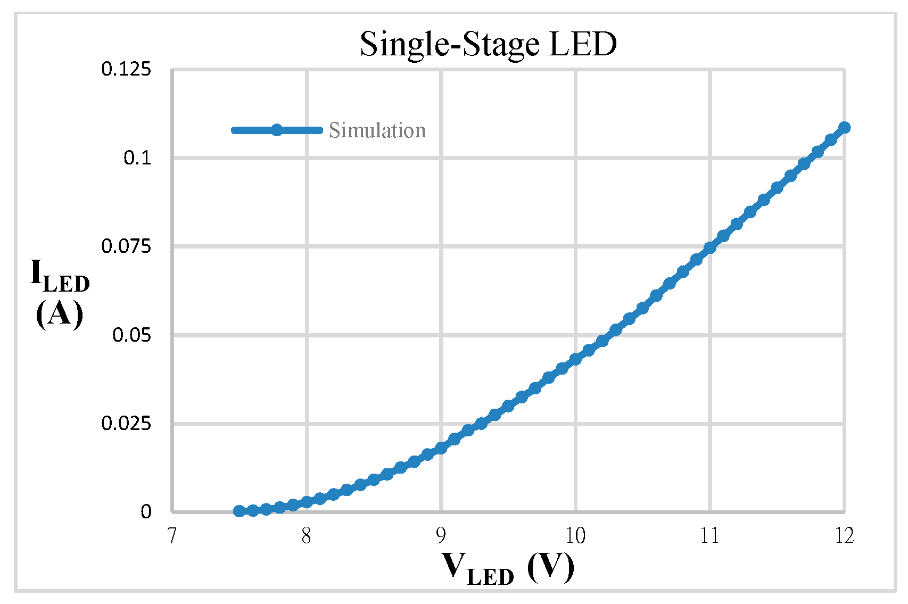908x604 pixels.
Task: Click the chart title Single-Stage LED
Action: [x=488, y=44]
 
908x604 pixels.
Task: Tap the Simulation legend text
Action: [x=377, y=130]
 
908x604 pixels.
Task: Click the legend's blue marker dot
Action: [x=277, y=130]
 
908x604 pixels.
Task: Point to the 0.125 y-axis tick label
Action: [x=126, y=69]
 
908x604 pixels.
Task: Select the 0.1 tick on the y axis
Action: [x=137, y=158]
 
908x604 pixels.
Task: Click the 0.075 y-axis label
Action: [x=126, y=246]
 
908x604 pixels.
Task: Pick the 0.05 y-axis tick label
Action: [x=131, y=335]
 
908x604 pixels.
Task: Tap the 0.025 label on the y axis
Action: [x=126, y=424]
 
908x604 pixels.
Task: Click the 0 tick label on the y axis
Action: [x=146, y=512]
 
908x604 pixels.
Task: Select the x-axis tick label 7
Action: [x=171, y=536]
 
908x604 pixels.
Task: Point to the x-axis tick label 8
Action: [x=306, y=536]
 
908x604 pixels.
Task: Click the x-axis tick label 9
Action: [x=441, y=536]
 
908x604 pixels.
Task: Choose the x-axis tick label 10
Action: [x=575, y=536]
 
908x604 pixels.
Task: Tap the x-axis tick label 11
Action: [x=709, y=536]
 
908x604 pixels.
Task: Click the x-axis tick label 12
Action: [x=844, y=536]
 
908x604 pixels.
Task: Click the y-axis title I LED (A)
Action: [x=60, y=294]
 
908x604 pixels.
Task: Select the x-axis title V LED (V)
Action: [x=508, y=568]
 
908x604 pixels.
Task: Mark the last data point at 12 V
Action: [x=844, y=127]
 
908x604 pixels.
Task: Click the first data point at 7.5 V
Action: [x=239, y=511]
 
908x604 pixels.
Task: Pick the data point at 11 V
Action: [x=709, y=247]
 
